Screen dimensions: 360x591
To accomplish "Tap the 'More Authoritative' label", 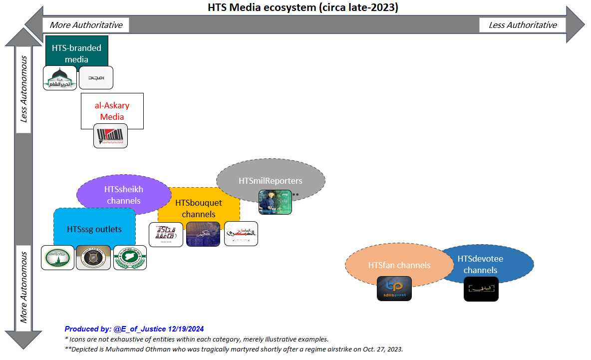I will [x=86, y=25].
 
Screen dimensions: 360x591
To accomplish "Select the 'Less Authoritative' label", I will [x=523, y=25].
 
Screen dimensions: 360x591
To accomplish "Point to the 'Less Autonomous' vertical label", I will [x=23, y=90].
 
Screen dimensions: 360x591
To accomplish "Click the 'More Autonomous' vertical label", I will [x=23, y=288].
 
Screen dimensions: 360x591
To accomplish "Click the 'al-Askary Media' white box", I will [x=112, y=110].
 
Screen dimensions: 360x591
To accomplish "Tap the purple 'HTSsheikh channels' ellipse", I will [x=124, y=195].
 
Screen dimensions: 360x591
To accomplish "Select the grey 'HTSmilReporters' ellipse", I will [x=271, y=180].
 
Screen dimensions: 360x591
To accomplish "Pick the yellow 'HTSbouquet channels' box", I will [x=199, y=208].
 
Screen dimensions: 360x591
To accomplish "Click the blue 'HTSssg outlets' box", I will [x=94, y=229].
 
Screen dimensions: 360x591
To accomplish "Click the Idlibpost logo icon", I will [x=394, y=289].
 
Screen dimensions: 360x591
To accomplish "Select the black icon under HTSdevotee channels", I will [x=481, y=289].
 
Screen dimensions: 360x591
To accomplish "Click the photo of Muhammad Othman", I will [x=275, y=202].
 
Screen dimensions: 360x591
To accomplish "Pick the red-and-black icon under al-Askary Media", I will [x=110, y=136].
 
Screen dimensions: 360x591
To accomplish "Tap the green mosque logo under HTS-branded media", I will [x=60, y=78].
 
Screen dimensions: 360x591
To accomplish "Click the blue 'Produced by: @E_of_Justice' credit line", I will [x=134, y=329].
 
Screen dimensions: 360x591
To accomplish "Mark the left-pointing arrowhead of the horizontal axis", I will [x=34, y=24].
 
